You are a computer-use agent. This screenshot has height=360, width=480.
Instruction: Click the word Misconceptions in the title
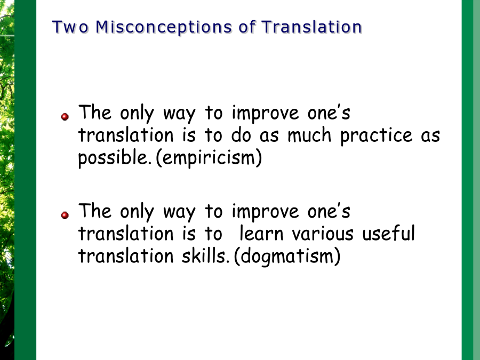(x=164, y=27)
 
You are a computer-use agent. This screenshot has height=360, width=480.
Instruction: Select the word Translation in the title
(x=311, y=27)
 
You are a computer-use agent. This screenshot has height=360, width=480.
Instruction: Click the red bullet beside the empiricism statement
(x=65, y=117)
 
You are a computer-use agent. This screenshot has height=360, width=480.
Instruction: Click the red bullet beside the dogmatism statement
(x=65, y=215)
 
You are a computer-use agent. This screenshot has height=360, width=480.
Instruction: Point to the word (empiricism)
(x=209, y=158)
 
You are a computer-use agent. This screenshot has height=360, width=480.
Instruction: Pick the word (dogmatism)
(x=287, y=256)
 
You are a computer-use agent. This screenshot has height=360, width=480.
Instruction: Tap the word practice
(x=377, y=135)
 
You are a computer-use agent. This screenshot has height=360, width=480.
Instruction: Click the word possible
(x=115, y=158)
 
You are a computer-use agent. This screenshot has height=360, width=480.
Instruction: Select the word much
(x=309, y=135)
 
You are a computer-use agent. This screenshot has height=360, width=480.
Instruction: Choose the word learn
(x=261, y=233)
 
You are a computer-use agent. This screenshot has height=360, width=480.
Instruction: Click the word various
(x=323, y=234)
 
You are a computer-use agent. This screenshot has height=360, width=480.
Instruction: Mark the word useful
(x=388, y=233)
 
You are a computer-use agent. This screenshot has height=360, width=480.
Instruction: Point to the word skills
(x=205, y=255)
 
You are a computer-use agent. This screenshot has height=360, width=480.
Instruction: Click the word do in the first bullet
(x=241, y=135)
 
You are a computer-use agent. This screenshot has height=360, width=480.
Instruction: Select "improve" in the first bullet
(x=265, y=114)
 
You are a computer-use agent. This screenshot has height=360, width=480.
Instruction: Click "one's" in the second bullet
(x=329, y=211)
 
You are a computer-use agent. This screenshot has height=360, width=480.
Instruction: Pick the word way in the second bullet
(x=179, y=212)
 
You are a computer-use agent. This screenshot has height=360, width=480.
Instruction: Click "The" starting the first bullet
(x=94, y=112)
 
